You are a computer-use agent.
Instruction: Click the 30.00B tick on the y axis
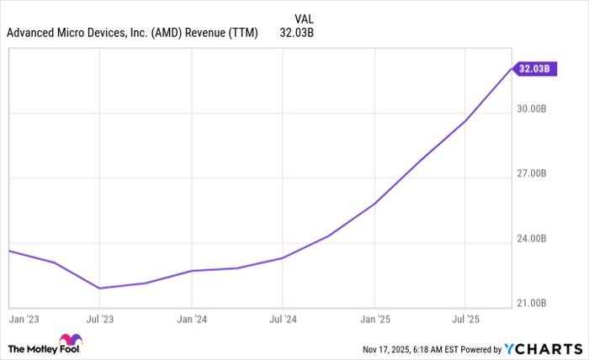[532, 109]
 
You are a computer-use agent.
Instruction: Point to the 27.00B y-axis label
[532, 173]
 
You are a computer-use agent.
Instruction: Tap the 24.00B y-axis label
[532, 239]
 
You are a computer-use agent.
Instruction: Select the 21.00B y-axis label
[532, 303]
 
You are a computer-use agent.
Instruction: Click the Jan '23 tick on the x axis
[23, 320]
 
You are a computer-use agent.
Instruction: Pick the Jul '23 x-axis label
[100, 320]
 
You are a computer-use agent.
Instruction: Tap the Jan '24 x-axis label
[192, 320]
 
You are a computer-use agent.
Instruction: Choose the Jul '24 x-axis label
[283, 320]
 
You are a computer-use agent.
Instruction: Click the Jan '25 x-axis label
[374, 320]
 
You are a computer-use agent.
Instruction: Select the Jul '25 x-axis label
[464, 320]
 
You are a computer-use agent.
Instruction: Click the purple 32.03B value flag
[535, 69]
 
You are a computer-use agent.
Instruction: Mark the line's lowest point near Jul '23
[100, 289]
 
